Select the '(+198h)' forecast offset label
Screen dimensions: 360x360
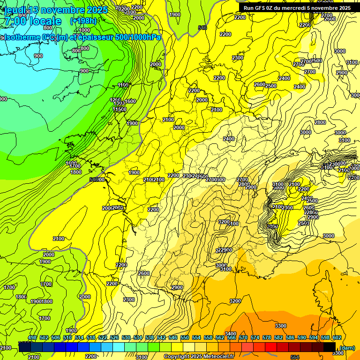coord(83,21)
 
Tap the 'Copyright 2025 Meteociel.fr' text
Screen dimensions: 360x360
coord(199,356)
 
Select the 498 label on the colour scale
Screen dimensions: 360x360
coord(32,338)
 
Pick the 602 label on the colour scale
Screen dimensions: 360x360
coord(337,338)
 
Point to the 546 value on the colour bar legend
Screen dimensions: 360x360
coord(173,338)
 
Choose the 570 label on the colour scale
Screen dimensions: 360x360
coord(243,338)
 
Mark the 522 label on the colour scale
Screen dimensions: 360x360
coord(103,338)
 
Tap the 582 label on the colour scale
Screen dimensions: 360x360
coord(278,338)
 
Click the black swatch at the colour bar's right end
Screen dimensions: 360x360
coord(330,347)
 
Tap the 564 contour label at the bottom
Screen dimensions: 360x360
coord(295,357)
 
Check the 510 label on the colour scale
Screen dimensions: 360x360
coord(67,338)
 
